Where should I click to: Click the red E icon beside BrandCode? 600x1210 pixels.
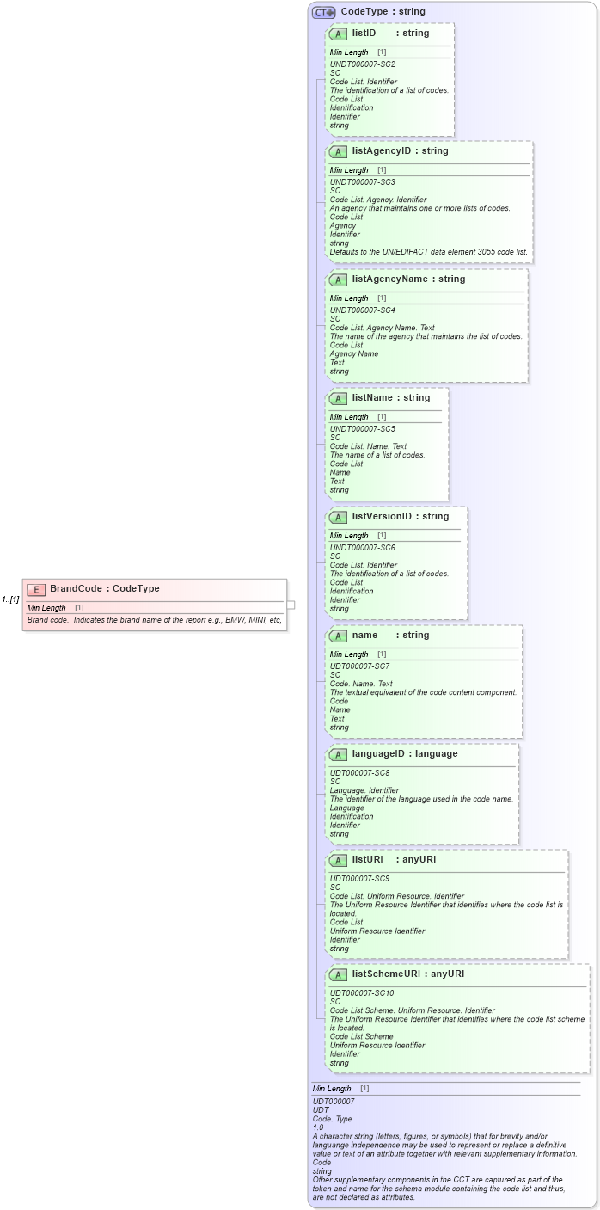(36, 589)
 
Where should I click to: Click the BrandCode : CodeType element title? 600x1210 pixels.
(104, 589)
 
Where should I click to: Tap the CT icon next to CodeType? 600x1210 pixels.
(323, 12)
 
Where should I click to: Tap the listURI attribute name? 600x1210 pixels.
(367, 860)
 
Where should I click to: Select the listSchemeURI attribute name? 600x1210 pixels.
(386, 974)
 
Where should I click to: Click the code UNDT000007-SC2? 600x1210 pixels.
(363, 64)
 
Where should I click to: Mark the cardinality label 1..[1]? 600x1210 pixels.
(10, 599)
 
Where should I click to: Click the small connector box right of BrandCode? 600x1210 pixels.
(291, 605)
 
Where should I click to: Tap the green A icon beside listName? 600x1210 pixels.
(338, 399)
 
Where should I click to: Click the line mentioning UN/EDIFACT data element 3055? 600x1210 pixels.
(429, 252)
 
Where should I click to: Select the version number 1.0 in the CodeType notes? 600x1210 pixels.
(318, 1127)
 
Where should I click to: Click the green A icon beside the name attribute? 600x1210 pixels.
(338, 636)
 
